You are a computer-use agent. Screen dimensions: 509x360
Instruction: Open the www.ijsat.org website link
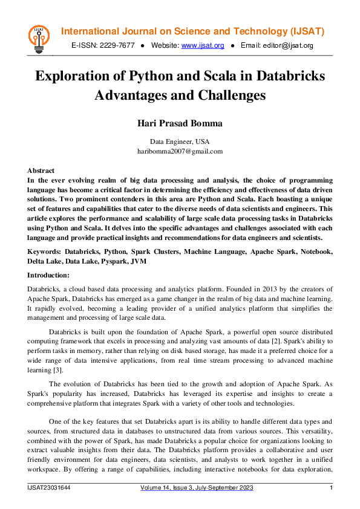click(x=203, y=45)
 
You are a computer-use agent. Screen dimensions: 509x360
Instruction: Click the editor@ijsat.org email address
click(x=287, y=45)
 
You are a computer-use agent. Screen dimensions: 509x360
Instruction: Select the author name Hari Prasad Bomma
click(x=180, y=123)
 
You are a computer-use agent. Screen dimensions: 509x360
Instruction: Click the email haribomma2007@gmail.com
click(x=180, y=151)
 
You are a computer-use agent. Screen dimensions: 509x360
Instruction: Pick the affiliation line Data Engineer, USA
click(x=180, y=141)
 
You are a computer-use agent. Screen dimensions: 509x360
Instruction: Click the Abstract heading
click(x=41, y=170)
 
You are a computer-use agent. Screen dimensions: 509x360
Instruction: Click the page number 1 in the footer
click(x=331, y=488)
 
